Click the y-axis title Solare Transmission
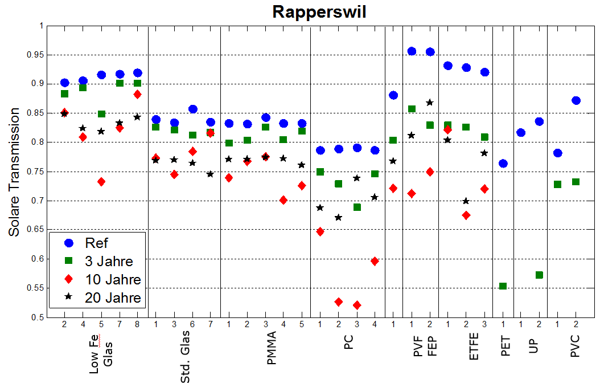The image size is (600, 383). coord(14,172)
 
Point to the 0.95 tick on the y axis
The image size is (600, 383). coord(36,55)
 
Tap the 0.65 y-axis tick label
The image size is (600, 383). coord(36,230)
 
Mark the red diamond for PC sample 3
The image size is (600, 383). coord(357,305)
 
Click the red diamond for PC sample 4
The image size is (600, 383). coord(375,261)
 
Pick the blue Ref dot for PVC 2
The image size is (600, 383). coord(576,101)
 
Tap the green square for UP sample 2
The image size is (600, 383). coord(540,275)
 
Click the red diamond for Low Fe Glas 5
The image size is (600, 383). coord(101,182)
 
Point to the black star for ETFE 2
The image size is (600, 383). coord(466,201)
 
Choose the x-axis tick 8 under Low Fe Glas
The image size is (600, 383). coord(137,324)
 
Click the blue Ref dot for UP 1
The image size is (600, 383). coord(521,133)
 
